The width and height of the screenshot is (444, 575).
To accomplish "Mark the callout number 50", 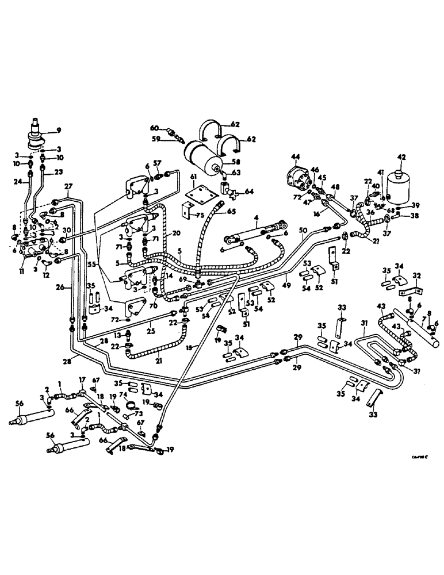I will [303, 230].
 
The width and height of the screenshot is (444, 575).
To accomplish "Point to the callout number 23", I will [58, 171].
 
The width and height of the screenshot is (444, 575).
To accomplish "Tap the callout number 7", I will [424, 318].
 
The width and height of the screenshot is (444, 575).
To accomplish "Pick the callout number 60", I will [154, 128].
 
